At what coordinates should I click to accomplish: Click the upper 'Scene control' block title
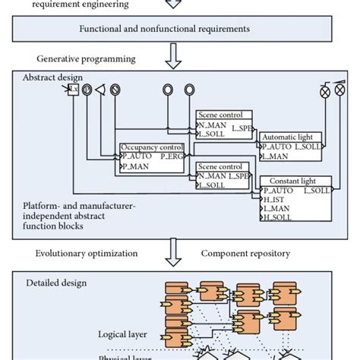coord(219,115)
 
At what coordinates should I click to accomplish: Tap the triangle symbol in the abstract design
coord(99,90)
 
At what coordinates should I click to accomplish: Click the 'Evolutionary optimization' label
coord(84,253)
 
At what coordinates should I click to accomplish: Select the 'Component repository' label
coord(247,253)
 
